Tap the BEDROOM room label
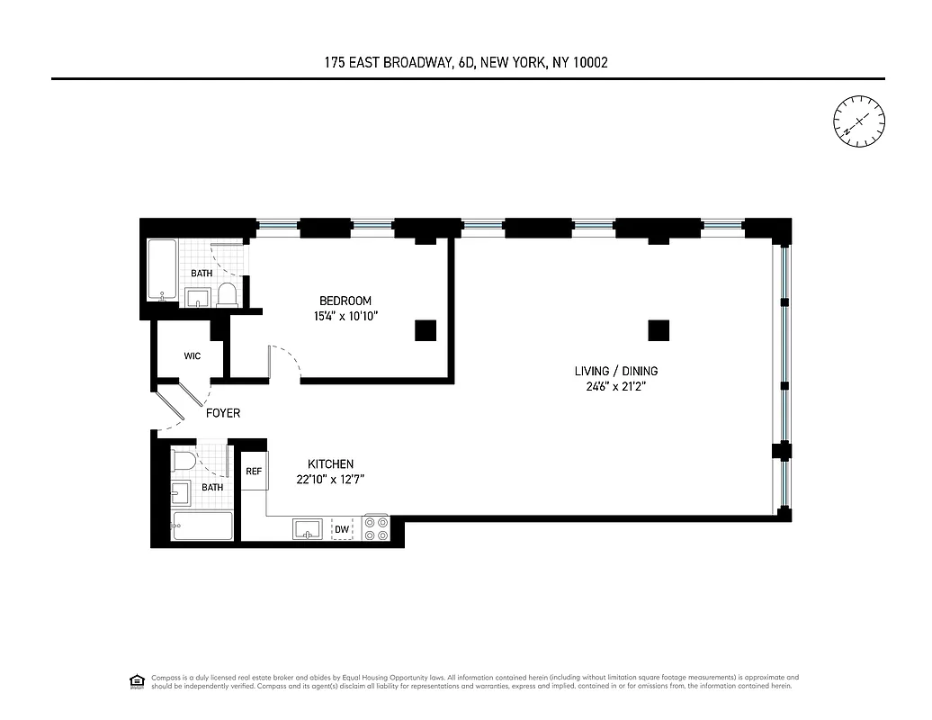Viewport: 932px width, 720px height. click(x=345, y=301)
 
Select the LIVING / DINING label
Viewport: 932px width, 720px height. click(x=615, y=371)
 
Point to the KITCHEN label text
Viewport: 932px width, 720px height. click(x=330, y=463)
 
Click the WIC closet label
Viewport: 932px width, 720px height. click(x=192, y=355)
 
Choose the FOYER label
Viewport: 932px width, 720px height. click(x=223, y=413)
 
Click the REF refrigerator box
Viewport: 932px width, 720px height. click(x=254, y=471)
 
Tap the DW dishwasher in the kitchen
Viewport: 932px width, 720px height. click(x=342, y=530)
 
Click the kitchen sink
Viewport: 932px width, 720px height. click(x=307, y=529)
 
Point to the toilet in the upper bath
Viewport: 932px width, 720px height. click(x=227, y=295)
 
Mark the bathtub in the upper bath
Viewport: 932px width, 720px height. click(x=163, y=270)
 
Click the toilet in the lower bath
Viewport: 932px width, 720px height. click(x=184, y=462)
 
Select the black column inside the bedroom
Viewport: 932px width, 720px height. click(x=426, y=330)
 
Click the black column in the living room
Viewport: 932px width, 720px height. click(x=659, y=330)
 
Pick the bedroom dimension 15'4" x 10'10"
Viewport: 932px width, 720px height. click(x=345, y=316)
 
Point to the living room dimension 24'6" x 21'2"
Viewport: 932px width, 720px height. click(x=615, y=387)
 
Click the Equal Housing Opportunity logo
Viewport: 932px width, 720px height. click(x=137, y=680)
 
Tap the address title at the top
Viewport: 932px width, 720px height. click(x=468, y=62)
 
